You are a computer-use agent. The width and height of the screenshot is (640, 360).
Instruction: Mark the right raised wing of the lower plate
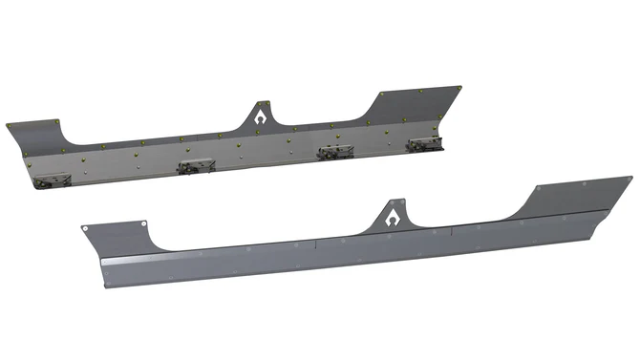(573, 195)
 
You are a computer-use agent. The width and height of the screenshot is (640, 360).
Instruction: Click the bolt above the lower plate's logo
(393, 202)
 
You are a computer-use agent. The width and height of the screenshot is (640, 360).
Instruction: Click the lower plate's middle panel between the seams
(382, 245)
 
